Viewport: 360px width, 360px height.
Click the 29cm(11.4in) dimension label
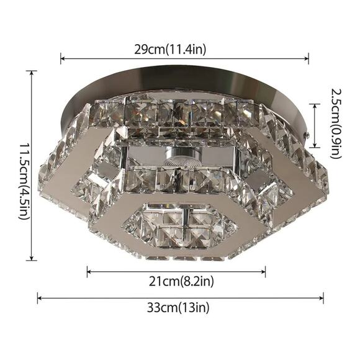(x=170, y=49)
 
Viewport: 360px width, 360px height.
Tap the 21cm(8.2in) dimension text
(x=181, y=281)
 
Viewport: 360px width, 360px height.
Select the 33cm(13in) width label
(x=178, y=307)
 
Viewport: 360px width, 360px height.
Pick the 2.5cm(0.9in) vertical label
(x=336, y=124)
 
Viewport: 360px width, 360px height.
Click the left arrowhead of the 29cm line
(x=63, y=59)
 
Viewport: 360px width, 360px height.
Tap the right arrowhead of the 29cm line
(x=307, y=59)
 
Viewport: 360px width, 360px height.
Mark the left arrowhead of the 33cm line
(x=39, y=298)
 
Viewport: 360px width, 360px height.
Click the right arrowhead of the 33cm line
(x=322, y=298)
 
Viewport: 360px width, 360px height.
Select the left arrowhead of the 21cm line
(x=89, y=272)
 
